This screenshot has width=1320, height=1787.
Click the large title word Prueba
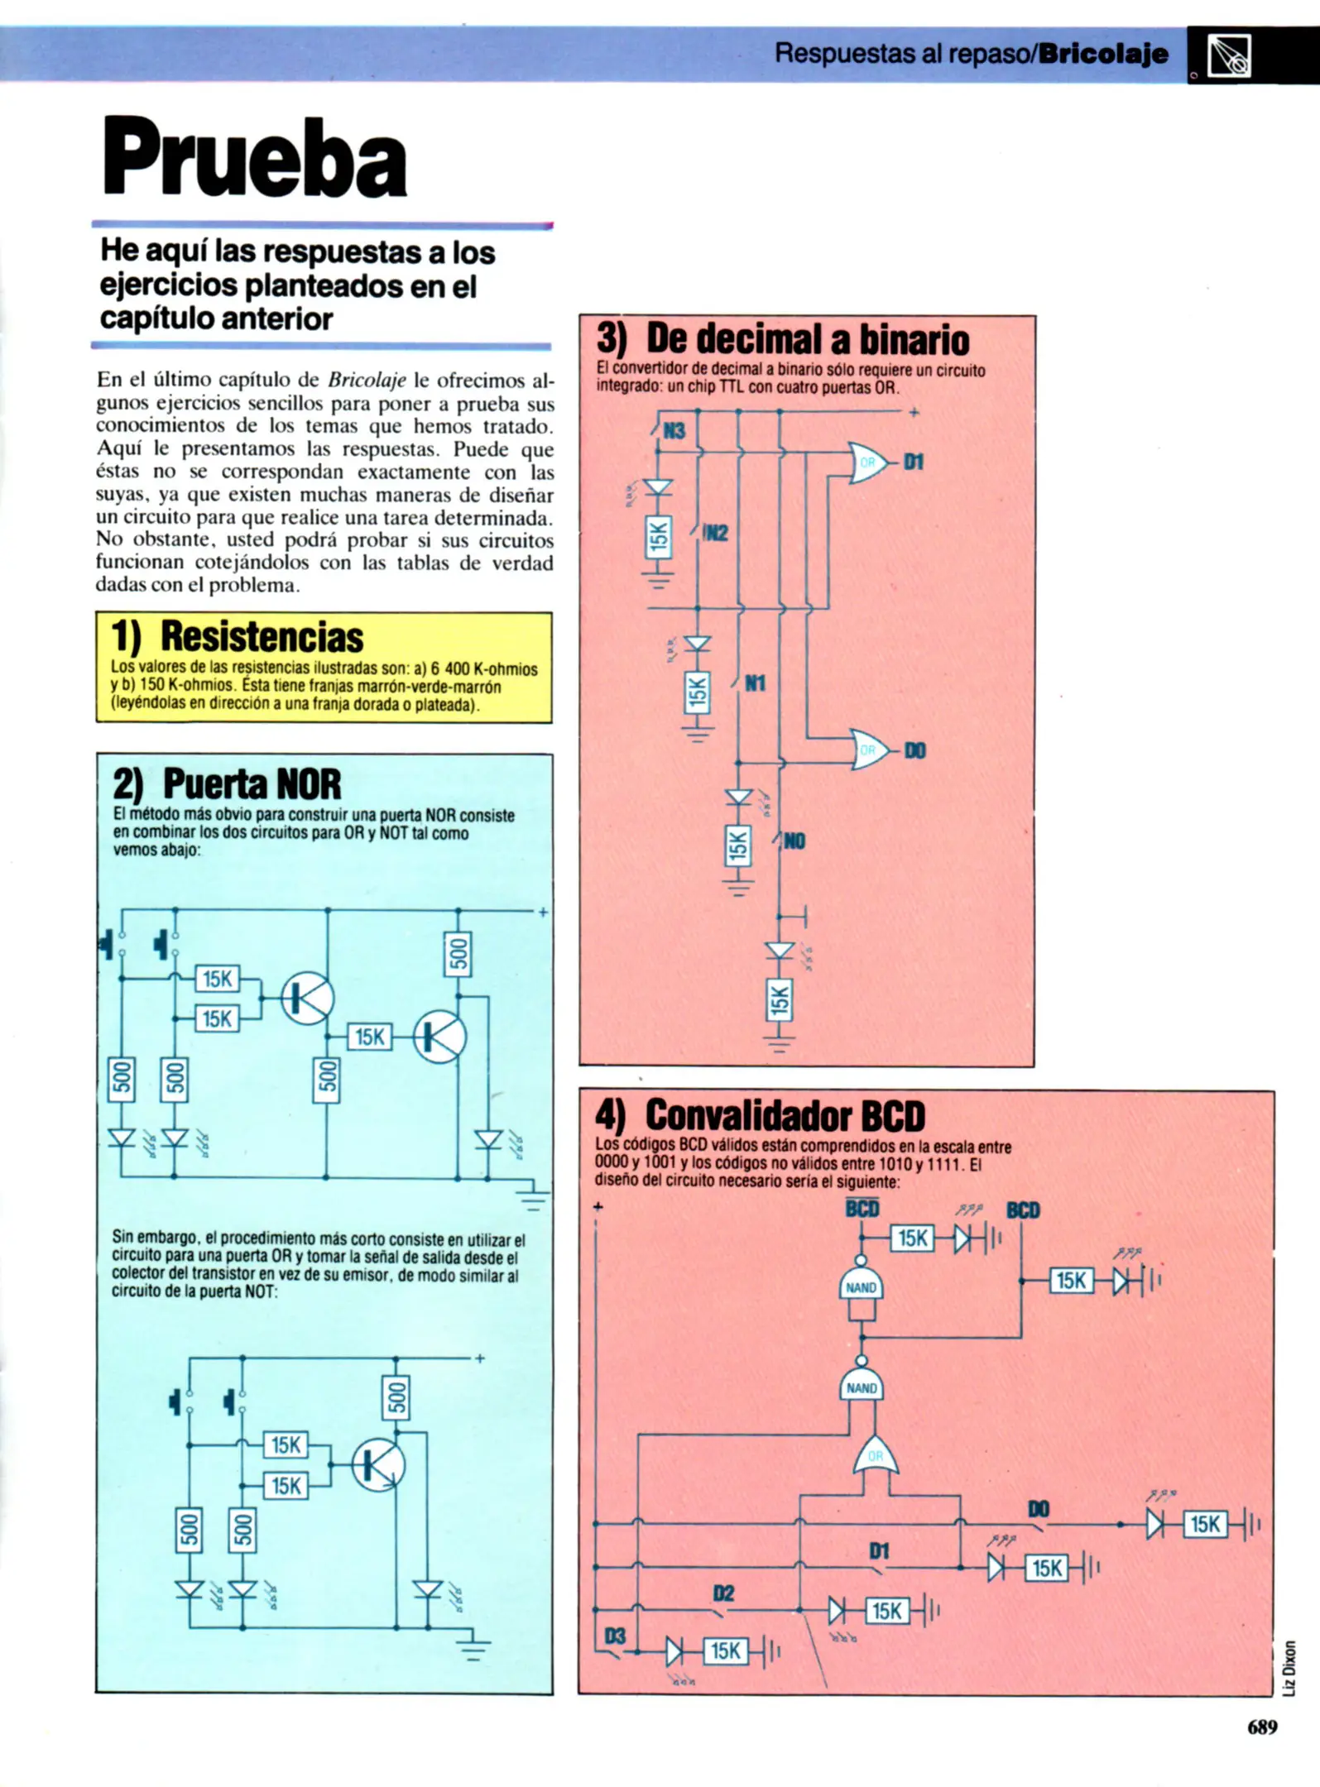pos(254,158)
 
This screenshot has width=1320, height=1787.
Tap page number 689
pos(1261,1727)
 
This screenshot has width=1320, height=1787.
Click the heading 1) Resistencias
pos(238,636)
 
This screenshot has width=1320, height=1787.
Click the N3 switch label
pos(674,431)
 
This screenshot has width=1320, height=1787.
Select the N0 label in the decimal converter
pos(794,841)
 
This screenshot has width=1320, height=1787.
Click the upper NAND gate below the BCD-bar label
pos(861,1287)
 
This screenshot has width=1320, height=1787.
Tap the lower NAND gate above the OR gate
pos(861,1387)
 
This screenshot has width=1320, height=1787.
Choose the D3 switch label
pos(615,1636)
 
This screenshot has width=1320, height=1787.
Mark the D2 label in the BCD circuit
pos(723,1593)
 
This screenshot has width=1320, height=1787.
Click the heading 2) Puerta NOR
pos(228,783)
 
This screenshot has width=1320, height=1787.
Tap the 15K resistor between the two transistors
pos(370,1037)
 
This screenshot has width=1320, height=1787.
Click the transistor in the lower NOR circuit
pos(378,1465)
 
